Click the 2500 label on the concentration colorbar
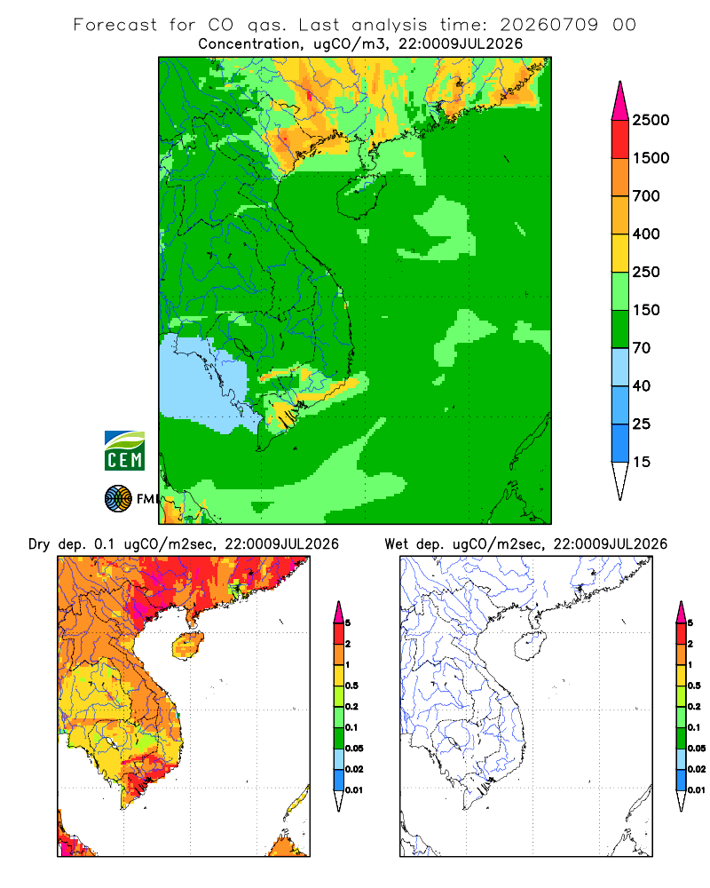[x=651, y=120]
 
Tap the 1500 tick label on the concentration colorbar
[x=651, y=158]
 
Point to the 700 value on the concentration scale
[x=646, y=196]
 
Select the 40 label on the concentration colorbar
[x=642, y=385]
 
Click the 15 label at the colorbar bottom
[x=642, y=462]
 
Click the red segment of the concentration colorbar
[x=620, y=139]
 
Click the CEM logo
[x=124, y=451]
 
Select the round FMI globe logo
[x=118, y=499]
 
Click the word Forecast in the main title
[x=115, y=25]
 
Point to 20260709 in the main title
[x=548, y=25]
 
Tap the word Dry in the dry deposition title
[x=39, y=544]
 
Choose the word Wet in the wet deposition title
[x=396, y=544]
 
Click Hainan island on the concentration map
[x=360, y=196]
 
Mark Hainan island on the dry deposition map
[x=187, y=646]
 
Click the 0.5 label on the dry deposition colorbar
[x=351, y=686]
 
